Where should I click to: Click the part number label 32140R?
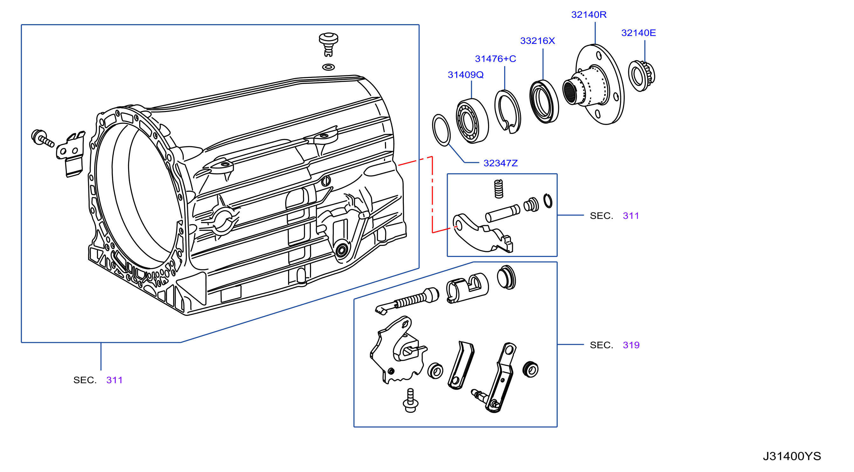pyautogui.click(x=589, y=15)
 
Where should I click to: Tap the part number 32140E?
pyautogui.click(x=638, y=33)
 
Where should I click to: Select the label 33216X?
pyautogui.click(x=537, y=41)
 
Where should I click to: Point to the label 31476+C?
pyautogui.click(x=495, y=59)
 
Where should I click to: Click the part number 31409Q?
pyautogui.click(x=465, y=75)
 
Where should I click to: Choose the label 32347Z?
pyautogui.click(x=500, y=163)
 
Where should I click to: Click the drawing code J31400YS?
pyautogui.click(x=792, y=456)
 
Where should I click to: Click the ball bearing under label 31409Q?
pyautogui.click(x=472, y=121)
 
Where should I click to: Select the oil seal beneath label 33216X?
pyautogui.click(x=544, y=101)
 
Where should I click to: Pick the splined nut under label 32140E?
pyautogui.click(x=642, y=76)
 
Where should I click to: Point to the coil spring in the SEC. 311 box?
pyautogui.click(x=499, y=189)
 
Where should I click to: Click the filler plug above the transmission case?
pyautogui.click(x=328, y=44)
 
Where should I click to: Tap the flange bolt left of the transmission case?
pyautogui.click(x=42, y=138)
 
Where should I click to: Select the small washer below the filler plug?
pyautogui.click(x=328, y=67)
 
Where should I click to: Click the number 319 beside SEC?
pyautogui.click(x=631, y=345)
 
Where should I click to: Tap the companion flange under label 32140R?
pyautogui.click(x=594, y=85)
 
